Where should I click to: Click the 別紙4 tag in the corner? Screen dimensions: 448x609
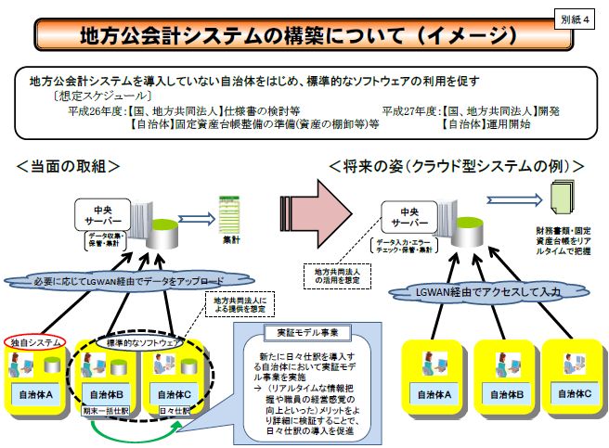578,18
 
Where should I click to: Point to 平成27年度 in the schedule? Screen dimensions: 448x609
402,109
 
